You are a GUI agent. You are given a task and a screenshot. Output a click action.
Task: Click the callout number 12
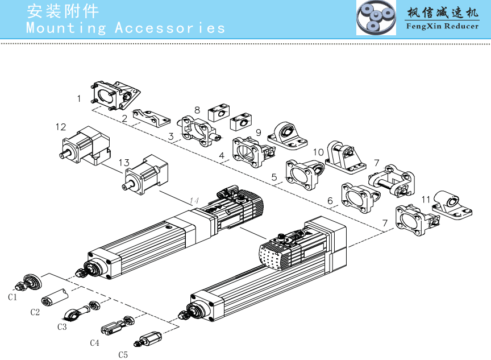(x=61, y=127)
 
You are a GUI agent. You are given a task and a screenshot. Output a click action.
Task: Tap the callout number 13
(x=124, y=163)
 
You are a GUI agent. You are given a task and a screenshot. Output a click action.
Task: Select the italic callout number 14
(x=194, y=200)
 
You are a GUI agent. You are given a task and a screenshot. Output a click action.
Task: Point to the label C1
(x=13, y=297)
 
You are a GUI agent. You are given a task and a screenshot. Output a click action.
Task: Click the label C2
(x=35, y=312)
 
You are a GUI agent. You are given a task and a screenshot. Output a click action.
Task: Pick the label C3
(x=62, y=327)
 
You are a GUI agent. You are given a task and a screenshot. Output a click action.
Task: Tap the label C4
(x=94, y=342)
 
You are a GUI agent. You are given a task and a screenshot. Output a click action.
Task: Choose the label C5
(x=123, y=355)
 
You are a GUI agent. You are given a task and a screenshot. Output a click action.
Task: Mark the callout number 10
(x=318, y=152)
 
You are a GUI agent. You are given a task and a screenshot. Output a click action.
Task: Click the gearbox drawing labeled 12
(x=84, y=145)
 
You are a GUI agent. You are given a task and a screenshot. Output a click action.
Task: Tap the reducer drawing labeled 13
(x=146, y=175)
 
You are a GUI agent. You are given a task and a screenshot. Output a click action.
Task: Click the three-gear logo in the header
(x=376, y=18)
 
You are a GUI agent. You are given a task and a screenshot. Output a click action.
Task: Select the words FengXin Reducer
(x=442, y=26)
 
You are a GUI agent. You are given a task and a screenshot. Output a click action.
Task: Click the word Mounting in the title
(x=66, y=28)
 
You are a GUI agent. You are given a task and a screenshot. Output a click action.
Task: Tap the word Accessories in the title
(x=170, y=28)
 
